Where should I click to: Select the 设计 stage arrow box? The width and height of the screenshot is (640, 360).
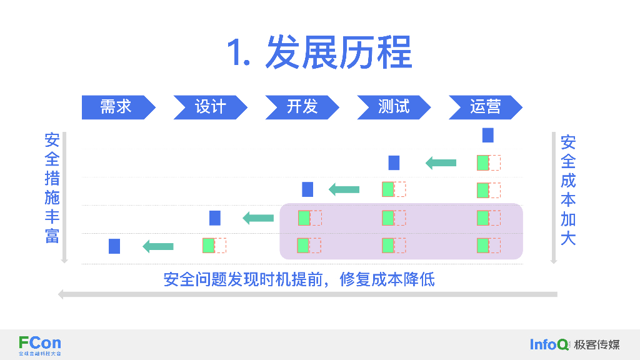click(210, 107)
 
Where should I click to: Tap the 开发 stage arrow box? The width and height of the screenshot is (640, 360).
click(302, 107)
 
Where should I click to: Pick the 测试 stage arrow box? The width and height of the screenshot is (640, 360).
click(394, 107)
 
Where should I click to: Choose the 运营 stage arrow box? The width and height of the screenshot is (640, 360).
click(485, 107)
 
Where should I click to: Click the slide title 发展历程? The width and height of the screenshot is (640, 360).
click(339, 52)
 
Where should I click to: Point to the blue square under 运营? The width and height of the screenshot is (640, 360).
click(487, 135)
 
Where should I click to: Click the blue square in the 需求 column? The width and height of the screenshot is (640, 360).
click(114, 246)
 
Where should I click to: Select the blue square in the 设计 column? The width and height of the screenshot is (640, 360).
click(215, 218)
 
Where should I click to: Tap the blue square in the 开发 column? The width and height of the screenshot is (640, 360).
click(307, 189)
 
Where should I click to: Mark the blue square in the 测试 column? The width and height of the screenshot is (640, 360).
click(394, 163)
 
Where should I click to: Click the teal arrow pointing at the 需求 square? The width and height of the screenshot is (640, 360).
click(158, 246)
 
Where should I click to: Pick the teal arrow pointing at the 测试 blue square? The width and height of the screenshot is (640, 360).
click(441, 163)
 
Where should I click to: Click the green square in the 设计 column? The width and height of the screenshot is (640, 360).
click(209, 246)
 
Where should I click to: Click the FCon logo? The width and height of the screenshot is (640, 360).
click(40, 346)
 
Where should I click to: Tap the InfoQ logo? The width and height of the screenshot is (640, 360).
click(549, 345)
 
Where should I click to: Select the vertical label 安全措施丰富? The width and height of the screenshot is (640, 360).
click(52, 188)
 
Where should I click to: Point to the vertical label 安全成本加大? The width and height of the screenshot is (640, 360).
click(568, 190)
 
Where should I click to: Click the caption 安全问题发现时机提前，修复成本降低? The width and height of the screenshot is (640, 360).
click(299, 279)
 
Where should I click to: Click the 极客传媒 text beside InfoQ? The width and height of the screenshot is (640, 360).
click(597, 345)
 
